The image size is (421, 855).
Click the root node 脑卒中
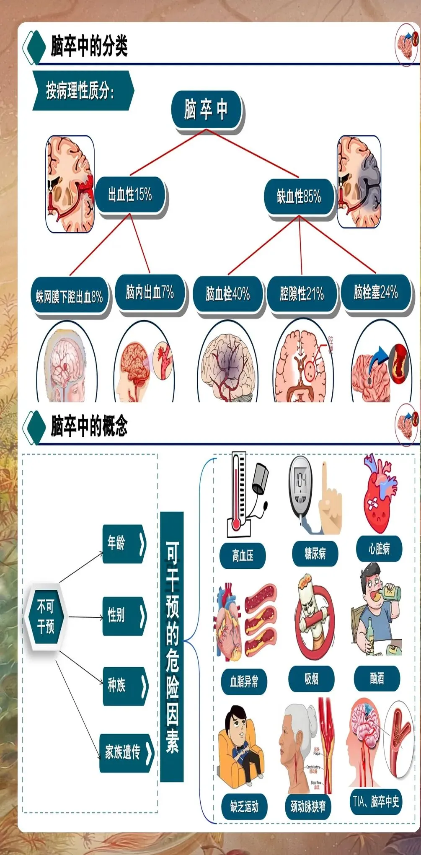tap(206, 110)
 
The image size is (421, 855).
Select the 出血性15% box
tap(130, 195)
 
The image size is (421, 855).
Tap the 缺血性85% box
tap(299, 197)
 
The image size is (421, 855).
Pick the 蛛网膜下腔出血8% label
tap(70, 297)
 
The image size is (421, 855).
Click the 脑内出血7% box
tap(150, 292)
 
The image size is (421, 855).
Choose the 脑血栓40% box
tap(228, 294)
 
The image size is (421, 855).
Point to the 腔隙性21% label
tap(302, 294)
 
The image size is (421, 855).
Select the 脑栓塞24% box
tap(376, 292)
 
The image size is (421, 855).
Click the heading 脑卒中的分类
tap(89, 46)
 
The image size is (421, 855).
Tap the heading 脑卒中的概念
tap(89, 426)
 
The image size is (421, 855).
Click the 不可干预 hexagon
tap(46, 617)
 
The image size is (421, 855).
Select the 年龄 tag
tap(124, 543)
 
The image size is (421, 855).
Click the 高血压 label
tap(243, 556)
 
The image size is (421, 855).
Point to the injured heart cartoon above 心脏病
tap(380, 495)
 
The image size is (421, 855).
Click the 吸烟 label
tap(311, 679)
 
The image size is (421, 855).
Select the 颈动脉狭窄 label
tap(308, 806)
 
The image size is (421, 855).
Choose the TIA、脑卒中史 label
tap(376, 802)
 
